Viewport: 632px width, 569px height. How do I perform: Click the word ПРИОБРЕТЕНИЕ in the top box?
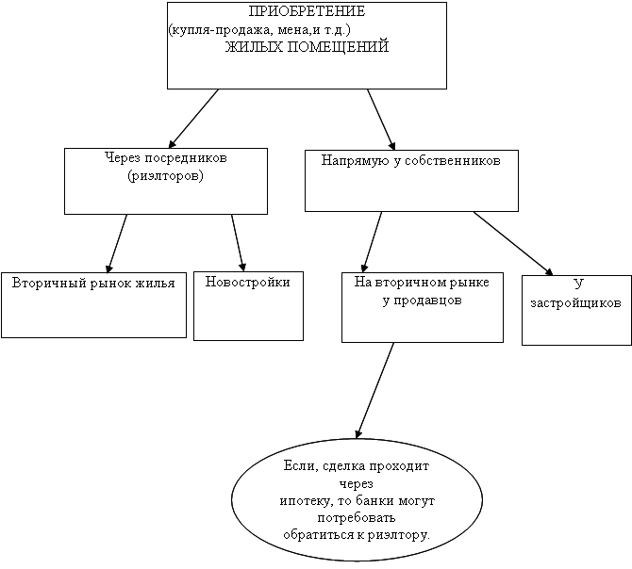[307, 12]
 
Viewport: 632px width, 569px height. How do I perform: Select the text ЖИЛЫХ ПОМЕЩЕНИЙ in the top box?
[307, 48]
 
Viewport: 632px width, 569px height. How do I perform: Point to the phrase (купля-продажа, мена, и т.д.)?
[260, 30]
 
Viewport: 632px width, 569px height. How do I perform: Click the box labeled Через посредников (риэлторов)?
[165, 181]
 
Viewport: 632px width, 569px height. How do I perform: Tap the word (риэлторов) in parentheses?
[165, 175]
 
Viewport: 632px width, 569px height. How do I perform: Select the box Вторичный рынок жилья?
[93, 304]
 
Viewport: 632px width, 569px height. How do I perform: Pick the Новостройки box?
[248, 306]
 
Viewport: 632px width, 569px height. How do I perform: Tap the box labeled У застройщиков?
[575, 310]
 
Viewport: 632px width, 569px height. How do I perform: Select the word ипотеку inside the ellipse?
[304, 500]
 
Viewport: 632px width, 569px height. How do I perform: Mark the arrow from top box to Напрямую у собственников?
[380, 117]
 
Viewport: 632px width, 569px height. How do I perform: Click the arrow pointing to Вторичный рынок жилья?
[117, 243]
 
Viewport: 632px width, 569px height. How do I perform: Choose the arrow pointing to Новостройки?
[239, 243]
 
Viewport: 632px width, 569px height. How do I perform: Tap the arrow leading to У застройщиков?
[513, 244]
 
